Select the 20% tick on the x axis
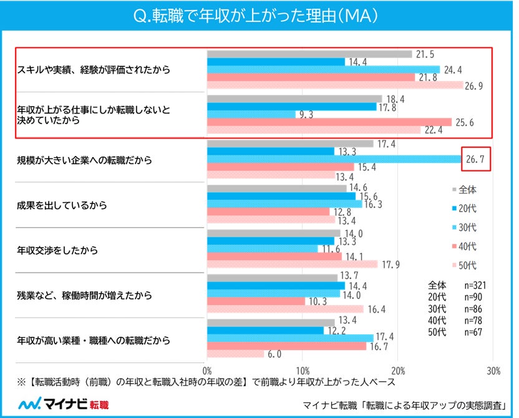point(398,369)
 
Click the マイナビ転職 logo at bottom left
point(62,403)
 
